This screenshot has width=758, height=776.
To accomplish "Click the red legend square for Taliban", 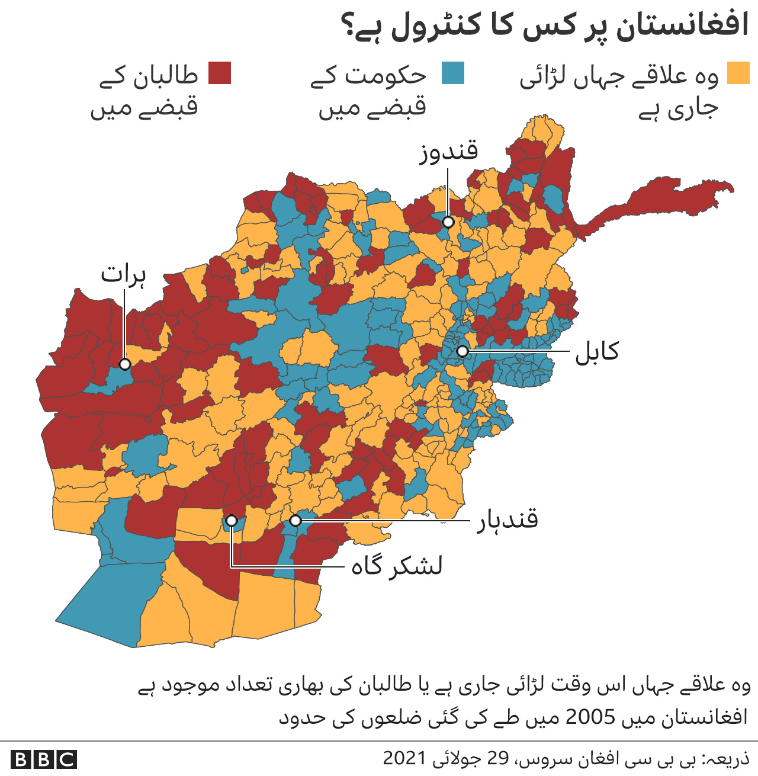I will click(x=219, y=73).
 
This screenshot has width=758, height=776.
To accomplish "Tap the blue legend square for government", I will click(x=452, y=73).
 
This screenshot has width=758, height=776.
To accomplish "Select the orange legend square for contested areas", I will click(x=738, y=73).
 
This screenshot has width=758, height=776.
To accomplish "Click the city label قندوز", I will click(x=448, y=152).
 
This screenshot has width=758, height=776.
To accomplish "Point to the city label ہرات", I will click(x=123, y=275).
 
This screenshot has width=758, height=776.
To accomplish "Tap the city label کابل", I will click(x=597, y=351).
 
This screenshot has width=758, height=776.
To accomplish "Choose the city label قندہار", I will click(x=508, y=520).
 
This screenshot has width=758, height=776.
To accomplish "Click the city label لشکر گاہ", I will click(x=397, y=566).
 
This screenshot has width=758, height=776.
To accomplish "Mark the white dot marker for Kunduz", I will click(x=448, y=222).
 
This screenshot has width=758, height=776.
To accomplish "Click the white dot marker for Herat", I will click(x=124, y=364).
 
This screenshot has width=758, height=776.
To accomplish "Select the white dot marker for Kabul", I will click(x=462, y=351).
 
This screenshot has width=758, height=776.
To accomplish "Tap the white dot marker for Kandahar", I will click(x=295, y=521).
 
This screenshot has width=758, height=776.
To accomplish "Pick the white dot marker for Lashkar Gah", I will click(x=232, y=521).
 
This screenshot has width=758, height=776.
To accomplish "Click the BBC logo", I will click(x=44, y=759).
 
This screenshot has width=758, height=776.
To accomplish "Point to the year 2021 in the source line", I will click(x=404, y=758).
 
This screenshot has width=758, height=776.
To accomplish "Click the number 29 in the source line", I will click(x=498, y=758).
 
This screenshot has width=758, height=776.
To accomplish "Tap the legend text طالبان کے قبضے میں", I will click(x=145, y=92).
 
